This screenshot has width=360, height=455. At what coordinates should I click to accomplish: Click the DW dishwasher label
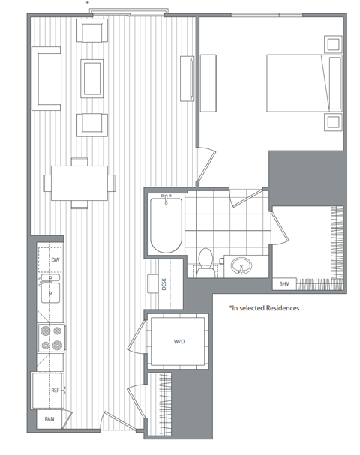coord(55,260)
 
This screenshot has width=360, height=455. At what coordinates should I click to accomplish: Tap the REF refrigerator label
coord(55,391)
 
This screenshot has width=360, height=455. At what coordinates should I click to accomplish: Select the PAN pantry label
coord(49,420)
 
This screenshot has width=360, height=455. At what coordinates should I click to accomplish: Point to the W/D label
coord(179,342)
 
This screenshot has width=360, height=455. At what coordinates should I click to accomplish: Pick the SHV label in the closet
coord(285,284)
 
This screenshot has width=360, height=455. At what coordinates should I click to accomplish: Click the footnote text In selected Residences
coord(265,308)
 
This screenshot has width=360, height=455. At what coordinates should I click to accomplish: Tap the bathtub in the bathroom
coord(166,223)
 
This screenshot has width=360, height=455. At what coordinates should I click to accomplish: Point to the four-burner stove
coord(49,337)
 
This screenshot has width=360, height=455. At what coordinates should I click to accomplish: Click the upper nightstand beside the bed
coord(331,43)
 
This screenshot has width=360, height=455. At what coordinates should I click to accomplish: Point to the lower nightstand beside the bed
coord(331,120)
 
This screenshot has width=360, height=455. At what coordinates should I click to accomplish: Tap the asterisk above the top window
coord(88,4)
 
